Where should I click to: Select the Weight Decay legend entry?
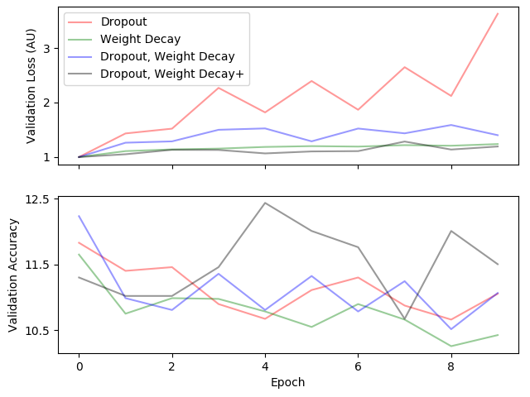click(x=141, y=40)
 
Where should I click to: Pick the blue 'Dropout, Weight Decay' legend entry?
click(x=167, y=56)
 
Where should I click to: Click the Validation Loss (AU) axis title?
click(x=31, y=87)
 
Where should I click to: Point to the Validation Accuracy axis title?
click(x=14, y=275)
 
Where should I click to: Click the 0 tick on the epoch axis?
click(x=79, y=364)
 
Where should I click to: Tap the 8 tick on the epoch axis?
click(x=450, y=364)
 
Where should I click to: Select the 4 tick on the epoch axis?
click(x=265, y=364)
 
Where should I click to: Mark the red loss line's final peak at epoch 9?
click(x=498, y=13)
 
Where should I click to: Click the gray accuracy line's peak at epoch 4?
click(x=265, y=203)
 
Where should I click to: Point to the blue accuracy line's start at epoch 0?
click(x=79, y=216)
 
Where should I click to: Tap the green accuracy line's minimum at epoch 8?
click(x=450, y=346)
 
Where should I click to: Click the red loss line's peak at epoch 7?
click(x=404, y=67)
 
